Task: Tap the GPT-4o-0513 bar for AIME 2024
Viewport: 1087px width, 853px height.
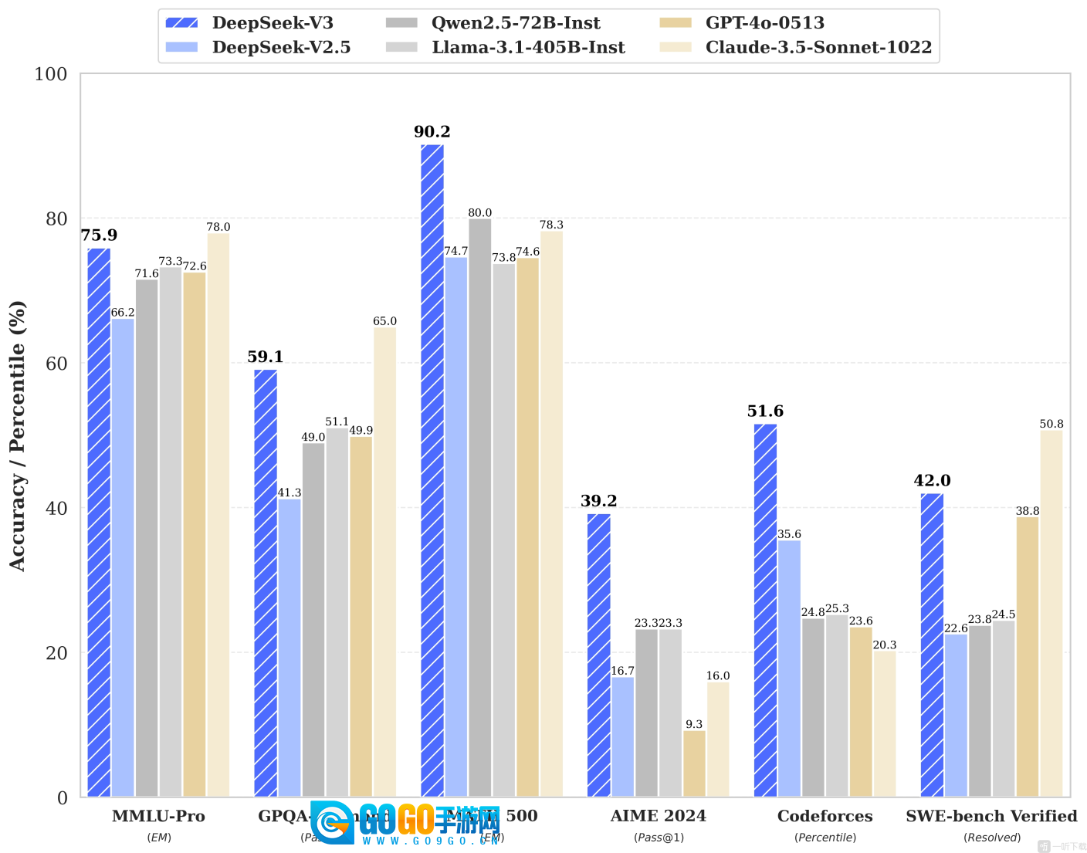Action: point(694,763)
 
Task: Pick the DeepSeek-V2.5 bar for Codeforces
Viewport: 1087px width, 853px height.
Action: point(789,669)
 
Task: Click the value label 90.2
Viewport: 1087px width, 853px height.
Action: point(432,132)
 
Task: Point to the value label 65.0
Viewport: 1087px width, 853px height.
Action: point(384,321)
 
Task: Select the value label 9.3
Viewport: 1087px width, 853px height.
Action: point(694,724)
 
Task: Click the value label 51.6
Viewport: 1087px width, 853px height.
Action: point(765,411)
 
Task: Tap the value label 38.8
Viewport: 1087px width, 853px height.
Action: point(1028,511)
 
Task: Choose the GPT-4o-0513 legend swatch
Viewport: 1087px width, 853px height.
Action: point(676,23)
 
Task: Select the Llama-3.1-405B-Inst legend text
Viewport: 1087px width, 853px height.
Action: point(528,48)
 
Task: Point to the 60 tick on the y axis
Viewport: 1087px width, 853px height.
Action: point(56,364)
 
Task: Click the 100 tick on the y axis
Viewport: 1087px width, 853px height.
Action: point(51,75)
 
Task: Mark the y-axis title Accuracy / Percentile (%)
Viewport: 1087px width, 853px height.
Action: point(17,435)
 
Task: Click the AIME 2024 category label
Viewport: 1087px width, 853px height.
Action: point(658,816)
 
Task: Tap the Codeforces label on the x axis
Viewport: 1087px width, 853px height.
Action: point(825,816)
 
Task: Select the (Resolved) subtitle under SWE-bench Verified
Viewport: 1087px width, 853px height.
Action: point(992,838)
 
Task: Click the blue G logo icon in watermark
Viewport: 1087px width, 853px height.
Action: point(333,823)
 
